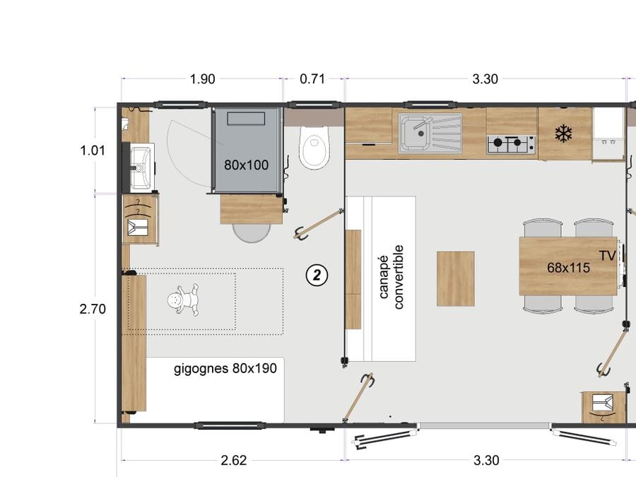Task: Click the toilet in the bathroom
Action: point(314,147)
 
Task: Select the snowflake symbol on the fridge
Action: point(563,134)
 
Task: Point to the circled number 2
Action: point(317,276)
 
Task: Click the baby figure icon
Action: point(183,300)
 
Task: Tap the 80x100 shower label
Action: point(246,165)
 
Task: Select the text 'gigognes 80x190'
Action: point(225,368)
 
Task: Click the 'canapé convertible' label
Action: point(391,277)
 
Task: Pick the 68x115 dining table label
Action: point(568,268)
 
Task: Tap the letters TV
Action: point(608,256)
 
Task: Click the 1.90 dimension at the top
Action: point(202,79)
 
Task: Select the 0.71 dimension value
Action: point(312,78)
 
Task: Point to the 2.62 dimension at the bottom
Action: point(234,460)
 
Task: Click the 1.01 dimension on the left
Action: point(93,151)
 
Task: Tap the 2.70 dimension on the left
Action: point(93,309)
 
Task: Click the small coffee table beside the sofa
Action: point(456,278)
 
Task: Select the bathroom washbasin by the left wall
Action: point(141,167)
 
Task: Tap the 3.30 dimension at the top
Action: point(485,78)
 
